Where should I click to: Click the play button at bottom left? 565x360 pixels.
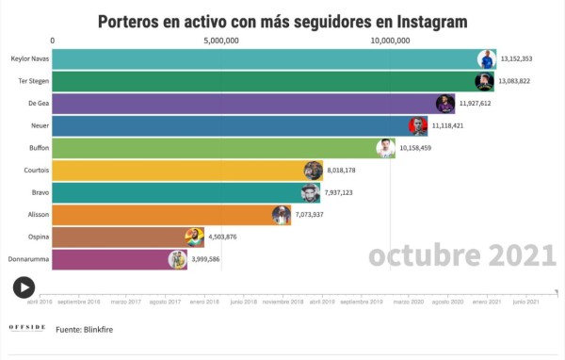click(x=24, y=287)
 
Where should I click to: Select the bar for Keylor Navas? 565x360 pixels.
click(x=264, y=58)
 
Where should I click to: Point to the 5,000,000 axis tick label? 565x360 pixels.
click(x=221, y=41)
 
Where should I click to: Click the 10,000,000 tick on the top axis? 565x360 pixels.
click(x=390, y=41)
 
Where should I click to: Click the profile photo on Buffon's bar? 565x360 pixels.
click(x=385, y=148)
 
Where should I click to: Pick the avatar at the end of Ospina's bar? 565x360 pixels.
click(x=194, y=237)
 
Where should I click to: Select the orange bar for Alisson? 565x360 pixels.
click(x=160, y=215)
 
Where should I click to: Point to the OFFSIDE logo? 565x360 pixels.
click(x=27, y=328)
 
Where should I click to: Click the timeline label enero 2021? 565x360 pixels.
click(x=485, y=302)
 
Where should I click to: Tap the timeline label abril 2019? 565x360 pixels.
click(x=322, y=302)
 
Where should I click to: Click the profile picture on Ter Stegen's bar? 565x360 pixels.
click(x=484, y=81)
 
